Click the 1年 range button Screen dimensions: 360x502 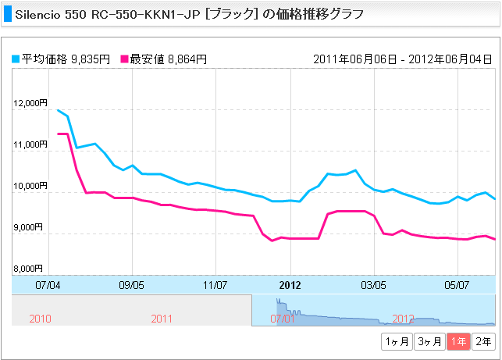coord(458,340)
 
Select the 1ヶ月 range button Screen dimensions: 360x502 coord(396,340)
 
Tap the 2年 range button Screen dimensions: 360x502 coord(484,340)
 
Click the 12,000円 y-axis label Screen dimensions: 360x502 coord(31,103)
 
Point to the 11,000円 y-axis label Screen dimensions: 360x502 coord(31,144)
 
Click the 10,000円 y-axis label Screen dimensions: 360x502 coord(31,186)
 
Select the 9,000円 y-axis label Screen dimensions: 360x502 coord(31,227)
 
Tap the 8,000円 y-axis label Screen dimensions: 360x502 coord(31,269)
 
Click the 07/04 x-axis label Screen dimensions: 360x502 coord(48,286)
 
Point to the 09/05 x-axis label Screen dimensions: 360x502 coord(132,286)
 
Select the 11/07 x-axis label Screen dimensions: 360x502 coord(215,286)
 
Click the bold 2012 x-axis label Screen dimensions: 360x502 coord(290,286)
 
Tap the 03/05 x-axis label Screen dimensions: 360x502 coord(374,286)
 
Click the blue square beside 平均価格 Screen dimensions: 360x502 coord(16,59)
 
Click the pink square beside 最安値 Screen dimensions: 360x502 coord(125,59)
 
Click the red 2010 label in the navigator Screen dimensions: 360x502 coord(40,319)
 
